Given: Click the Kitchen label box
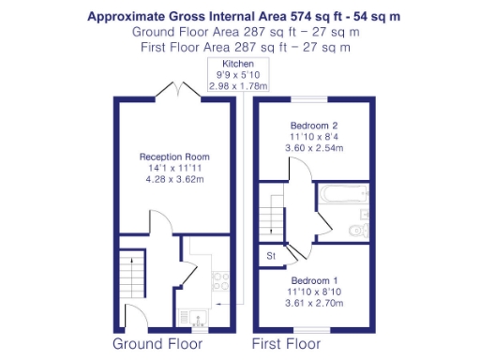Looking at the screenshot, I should point(238,75).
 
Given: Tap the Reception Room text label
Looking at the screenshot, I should point(174,157).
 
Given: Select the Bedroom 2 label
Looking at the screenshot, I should point(315,125).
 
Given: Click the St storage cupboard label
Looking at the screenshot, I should point(271,254).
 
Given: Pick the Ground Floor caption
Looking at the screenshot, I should point(157,344).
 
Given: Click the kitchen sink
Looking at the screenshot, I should point(200,317).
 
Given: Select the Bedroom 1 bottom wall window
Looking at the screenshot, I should point(315,329).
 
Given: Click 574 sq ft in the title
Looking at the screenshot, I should point(274,16).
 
